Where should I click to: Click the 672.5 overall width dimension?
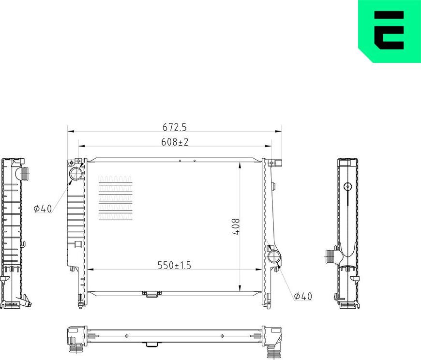coord(175,127)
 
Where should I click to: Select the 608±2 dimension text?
coord(175,142)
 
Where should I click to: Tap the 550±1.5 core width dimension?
coord(175,265)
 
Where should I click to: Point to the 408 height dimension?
coord(236,226)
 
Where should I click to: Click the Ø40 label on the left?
coord(43,209)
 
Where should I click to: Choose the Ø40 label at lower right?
coord(303,296)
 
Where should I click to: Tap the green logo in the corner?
coord(390,31)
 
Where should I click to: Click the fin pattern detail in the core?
coord(115,198)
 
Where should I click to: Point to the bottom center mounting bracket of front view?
coord(151,293)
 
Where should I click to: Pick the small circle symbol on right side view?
coord(347,187)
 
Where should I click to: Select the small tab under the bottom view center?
coord(151,345)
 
